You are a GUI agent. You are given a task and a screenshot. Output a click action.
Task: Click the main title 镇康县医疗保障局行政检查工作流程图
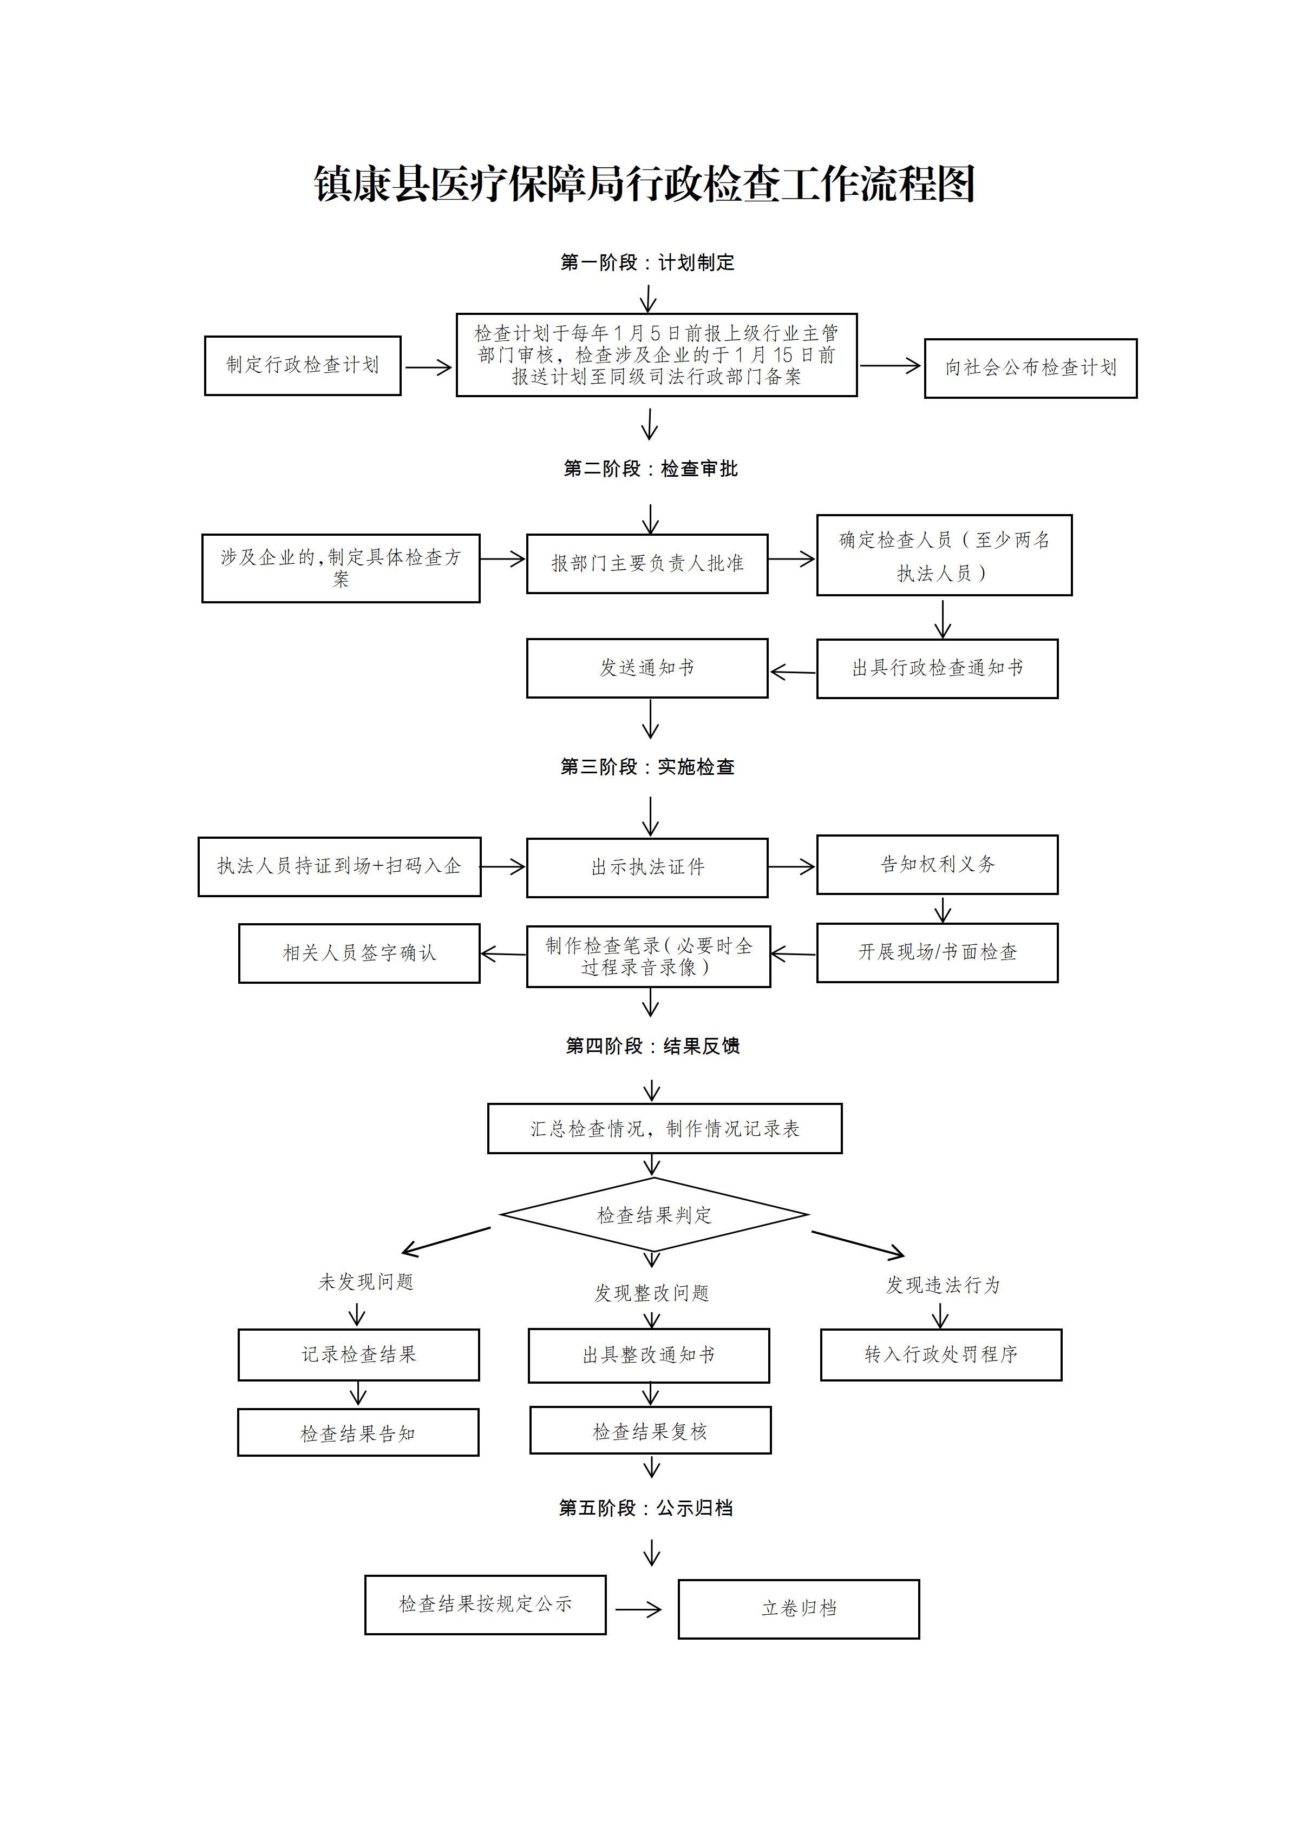tap(644, 184)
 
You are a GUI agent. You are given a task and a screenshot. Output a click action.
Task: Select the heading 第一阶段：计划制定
tap(647, 262)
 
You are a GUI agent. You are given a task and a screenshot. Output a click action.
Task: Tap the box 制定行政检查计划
tap(303, 366)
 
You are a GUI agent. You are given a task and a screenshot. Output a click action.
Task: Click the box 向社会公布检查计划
tap(1030, 368)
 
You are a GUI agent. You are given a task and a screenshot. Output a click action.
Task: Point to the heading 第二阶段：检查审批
tap(650, 469)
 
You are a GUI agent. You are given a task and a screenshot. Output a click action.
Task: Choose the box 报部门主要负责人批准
tap(647, 563)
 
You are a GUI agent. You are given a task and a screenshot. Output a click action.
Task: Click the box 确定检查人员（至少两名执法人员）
tap(944, 556)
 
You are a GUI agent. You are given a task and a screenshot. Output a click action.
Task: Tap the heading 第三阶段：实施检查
tap(647, 767)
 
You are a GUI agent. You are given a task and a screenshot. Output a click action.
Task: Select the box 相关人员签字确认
tap(359, 953)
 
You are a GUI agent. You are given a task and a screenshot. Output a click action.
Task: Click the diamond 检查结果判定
tap(654, 1215)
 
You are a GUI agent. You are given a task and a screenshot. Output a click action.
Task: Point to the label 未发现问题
tap(366, 1281)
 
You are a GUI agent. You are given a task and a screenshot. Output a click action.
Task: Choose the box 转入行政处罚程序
tap(940, 1354)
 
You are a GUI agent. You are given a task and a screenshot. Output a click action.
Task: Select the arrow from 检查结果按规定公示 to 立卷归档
tap(639, 1609)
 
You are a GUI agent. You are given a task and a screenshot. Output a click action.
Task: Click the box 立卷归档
tap(799, 1609)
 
